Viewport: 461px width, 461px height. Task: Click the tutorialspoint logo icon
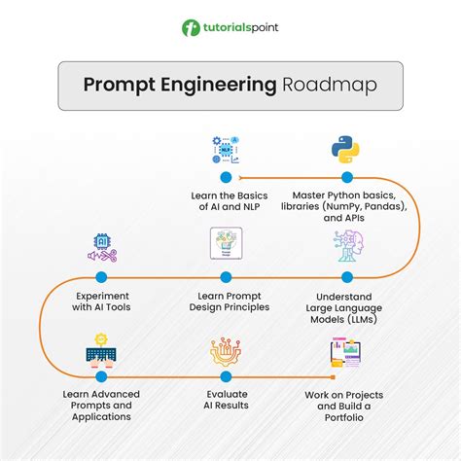(191, 28)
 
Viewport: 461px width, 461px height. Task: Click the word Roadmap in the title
(330, 85)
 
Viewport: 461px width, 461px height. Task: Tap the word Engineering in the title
(219, 86)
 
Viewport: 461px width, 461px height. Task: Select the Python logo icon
(345, 150)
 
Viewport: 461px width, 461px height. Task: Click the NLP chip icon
(226, 150)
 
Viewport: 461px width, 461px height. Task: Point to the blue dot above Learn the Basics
(226, 177)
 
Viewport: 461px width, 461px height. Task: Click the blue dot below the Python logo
(347, 177)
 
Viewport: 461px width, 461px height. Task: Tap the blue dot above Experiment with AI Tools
(101, 277)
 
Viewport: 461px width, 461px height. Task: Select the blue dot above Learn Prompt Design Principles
(226, 277)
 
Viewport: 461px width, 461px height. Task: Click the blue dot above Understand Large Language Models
(347, 277)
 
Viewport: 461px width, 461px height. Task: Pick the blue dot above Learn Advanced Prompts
(101, 376)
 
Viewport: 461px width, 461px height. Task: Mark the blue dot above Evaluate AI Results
(226, 376)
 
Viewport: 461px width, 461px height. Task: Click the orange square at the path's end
(333, 377)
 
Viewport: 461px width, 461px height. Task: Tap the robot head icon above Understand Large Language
(348, 246)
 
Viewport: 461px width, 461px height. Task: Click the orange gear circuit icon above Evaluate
(226, 352)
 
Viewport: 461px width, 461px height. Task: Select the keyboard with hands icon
(101, 351)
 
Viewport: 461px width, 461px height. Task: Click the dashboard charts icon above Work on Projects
(345, 352)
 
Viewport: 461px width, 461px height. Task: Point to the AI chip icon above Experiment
(102, 248)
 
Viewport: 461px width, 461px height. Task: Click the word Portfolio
(344, 417)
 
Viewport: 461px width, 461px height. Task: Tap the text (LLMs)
(362, 320)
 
